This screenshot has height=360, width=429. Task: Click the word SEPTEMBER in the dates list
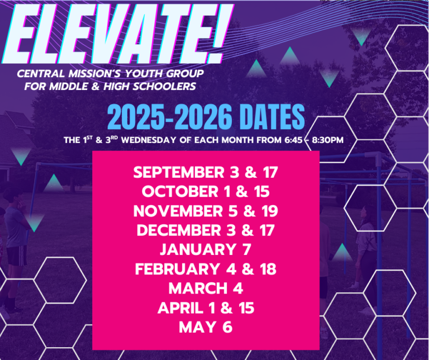(x=179, y=172)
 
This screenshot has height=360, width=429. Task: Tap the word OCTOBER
(x=180, y=191)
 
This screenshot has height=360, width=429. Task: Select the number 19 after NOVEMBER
(x=269, y=211)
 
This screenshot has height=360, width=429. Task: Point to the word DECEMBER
(x=179, y=230)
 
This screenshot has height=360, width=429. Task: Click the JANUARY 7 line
(x=206, y=250)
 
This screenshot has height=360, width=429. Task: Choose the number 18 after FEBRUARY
(x=267, y=269)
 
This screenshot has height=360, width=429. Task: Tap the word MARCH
(x=198, y=288)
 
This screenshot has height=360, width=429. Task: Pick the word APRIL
(x=180, y=308)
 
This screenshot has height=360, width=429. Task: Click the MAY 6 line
(x=206, y=328)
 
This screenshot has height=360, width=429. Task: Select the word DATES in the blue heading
(x=274, y=117)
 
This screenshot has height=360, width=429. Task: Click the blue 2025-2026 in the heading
(x=170, y=117)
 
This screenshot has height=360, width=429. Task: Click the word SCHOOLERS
(x=164, y=86)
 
